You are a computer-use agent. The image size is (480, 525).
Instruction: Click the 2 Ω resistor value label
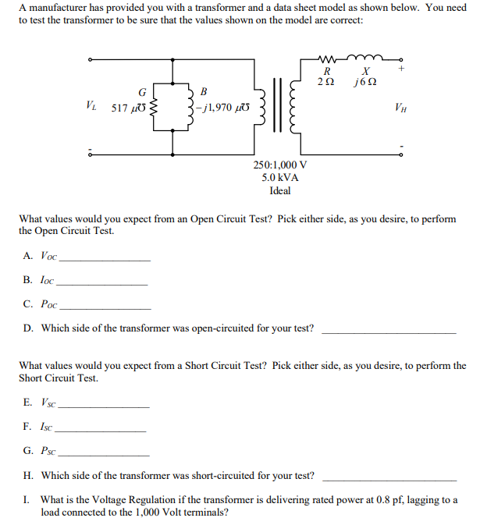pyautogui.click(x=326, y=83)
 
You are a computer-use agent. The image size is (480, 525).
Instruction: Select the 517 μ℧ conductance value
pyautogui.click(x=129, y=108)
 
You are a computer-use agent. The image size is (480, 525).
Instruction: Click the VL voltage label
pyautogui.click(x=92, y=105)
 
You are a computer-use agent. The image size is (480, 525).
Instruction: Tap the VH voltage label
pyautogui.click(x=400, y=107)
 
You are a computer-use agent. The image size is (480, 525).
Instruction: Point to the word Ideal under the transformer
pyautogui.click(x=279, y=190)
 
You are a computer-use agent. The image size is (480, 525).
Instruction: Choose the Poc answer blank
pyautogui.click(x=105, y=307)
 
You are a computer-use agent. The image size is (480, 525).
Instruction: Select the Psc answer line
pyautogui.click(x=105, y=454)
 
